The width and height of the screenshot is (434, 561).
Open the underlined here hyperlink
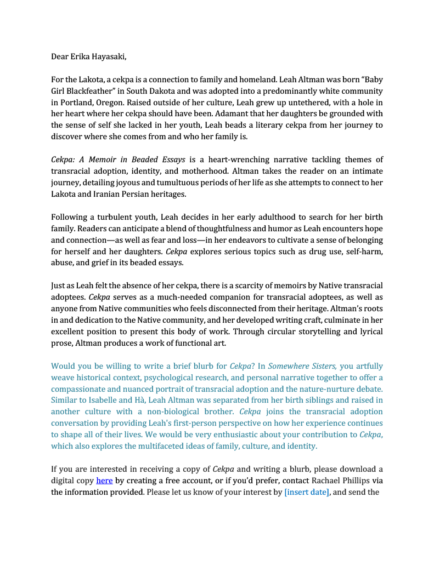(x=104, y=480)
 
